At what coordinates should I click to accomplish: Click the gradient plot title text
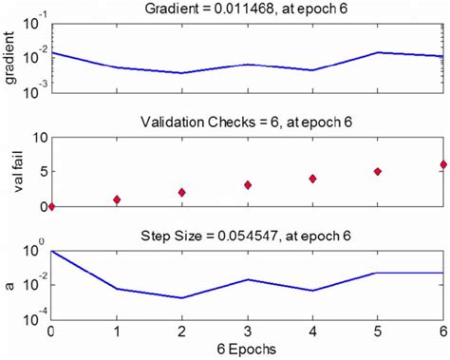click(247, 9)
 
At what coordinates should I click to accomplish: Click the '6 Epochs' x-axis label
click(247, 349)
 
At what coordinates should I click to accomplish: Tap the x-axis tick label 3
click(248, 331)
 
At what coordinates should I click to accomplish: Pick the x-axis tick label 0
click(51, 331)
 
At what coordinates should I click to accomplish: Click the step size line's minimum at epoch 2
click(182, 297)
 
